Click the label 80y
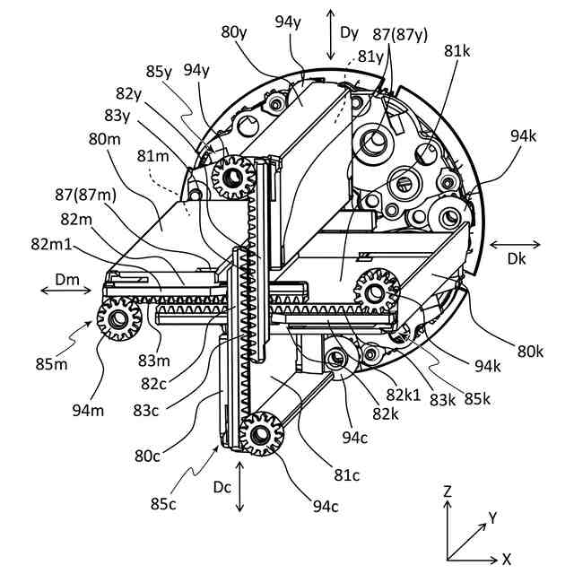234,32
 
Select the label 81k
457,52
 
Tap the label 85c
164,504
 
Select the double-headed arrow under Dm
67,291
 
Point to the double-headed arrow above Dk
516,244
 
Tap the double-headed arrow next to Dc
239,487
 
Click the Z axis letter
448,491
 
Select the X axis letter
507,559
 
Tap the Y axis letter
493,517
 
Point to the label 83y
116,115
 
